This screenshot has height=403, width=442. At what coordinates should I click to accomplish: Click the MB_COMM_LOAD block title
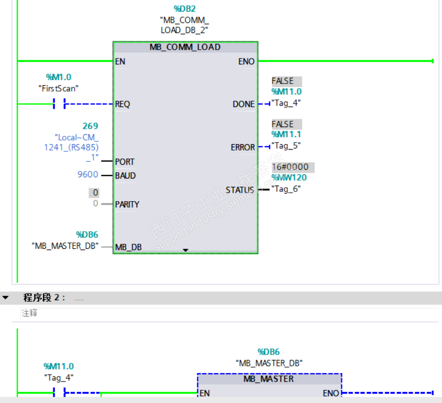click(185, 47)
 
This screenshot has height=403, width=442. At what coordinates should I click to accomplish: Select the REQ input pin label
click(122, 104)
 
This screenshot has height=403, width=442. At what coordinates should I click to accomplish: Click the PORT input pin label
click(125, 162)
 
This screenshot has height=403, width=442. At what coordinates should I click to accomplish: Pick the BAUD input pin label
click(125, 176)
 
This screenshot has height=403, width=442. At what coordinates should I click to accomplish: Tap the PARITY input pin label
click(127, 204)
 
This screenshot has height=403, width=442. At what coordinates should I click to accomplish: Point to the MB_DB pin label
click(128, 247)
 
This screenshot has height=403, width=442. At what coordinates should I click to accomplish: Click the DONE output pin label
click(243, 104)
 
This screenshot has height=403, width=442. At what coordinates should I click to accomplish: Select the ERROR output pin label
click(242, 148)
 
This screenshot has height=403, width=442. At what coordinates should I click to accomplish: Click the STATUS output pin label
click(240, 190)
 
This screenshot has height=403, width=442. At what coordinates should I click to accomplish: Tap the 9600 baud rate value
click(88, 175)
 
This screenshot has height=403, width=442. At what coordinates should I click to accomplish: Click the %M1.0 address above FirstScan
click(59, 77)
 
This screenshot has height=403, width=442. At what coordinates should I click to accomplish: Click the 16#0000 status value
click(290, 167)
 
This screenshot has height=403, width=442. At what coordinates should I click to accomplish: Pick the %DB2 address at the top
click(184, 9)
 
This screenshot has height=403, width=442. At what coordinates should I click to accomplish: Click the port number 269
click(90, 126)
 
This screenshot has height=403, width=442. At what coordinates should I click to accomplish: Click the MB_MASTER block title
click(269, 379)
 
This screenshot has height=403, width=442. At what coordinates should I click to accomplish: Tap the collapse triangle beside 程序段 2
click(5, 298)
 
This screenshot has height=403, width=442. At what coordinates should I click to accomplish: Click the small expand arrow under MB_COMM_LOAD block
click(186, 250)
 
